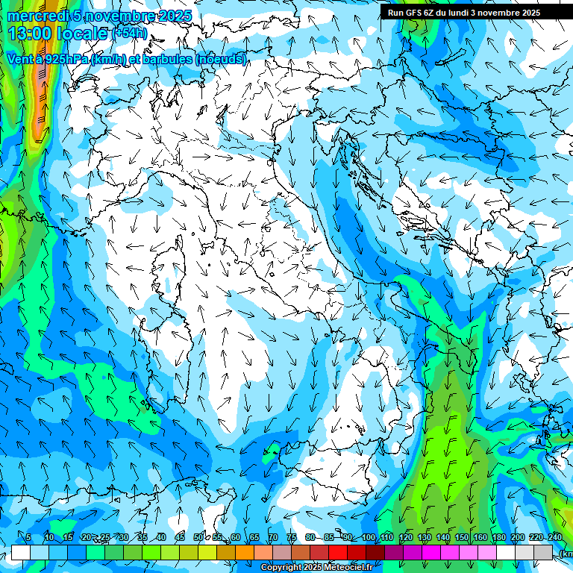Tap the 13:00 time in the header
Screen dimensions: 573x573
click(x=31, y=34)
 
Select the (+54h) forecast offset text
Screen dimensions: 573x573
click(x=129, y=34)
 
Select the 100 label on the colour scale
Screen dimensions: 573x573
click(x=368, y=538)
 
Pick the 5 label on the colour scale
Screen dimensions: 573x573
click(x=28, y=538)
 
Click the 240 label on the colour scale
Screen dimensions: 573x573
click(x=555, y=538)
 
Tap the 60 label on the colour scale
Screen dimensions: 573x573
click(x=235, y=538)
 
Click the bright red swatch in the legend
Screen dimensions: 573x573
click(x=338, y=552)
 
